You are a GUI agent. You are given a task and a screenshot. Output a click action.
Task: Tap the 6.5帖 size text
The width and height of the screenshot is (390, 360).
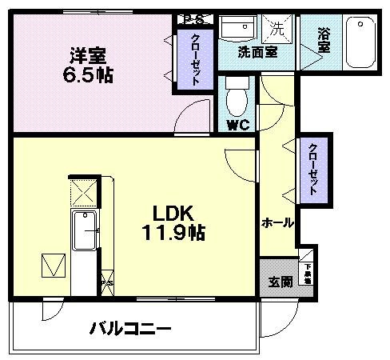click(x=87, y=78)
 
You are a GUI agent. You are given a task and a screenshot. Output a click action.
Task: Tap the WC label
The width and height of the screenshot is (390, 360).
click(x=236, y=125)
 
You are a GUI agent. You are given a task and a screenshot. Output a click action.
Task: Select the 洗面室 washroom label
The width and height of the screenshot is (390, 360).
click(x=257, y=53)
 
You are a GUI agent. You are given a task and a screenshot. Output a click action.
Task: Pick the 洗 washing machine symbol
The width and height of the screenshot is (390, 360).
click(x=278, y=30)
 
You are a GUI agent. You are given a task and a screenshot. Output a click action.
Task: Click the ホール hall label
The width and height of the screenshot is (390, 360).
click(x=277, y=223)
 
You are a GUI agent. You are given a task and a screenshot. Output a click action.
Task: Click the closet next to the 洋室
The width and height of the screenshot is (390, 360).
click(x=194, y=60)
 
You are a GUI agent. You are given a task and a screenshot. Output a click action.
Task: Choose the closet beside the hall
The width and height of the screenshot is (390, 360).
click(x=314, y=170)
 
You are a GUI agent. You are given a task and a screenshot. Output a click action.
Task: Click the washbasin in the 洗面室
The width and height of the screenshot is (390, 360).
click(x=238, y=31)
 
